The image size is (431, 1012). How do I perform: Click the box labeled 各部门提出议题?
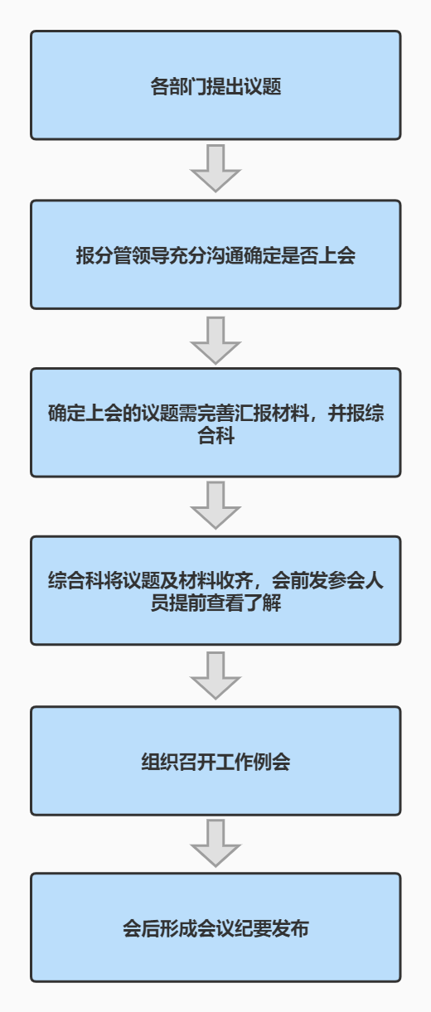point(215,85)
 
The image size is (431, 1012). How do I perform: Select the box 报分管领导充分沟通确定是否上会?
point(215,254)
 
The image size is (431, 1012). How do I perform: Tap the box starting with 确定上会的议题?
point(215,423)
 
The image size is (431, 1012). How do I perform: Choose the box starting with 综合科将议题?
point(215,590)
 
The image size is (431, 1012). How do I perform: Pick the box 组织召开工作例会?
point(215,761)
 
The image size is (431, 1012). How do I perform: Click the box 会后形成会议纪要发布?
point(215,927)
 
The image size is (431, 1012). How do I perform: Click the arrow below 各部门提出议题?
point(215,168)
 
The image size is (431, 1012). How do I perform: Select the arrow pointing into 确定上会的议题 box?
point(215,340)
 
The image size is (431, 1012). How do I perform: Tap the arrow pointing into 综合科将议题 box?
point(215,505)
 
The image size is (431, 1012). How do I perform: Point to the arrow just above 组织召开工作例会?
point(215,675)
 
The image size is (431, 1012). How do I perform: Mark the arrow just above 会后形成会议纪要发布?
point(215,843)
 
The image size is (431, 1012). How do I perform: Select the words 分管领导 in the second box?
point(132,256)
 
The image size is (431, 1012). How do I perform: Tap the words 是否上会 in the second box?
point(318,256)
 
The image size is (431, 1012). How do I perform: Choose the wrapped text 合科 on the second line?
point(215,435)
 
